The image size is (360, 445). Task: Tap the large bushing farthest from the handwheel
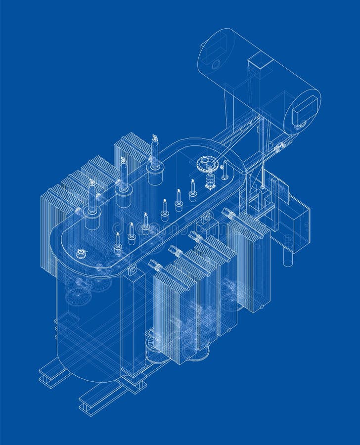pyautogui.click(x=92, y=203)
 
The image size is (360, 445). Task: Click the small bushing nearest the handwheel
pyautogui.click(x=192, y=191)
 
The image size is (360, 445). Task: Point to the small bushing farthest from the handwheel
pyautogui.click(x=118, y=245)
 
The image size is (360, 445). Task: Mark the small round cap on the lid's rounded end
pyautogui.click(x=81, y=254)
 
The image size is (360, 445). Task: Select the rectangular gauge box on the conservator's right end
pyautogui.click(x=304, y=112)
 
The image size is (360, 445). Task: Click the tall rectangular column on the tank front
pyautogui.click(x=133, y=321)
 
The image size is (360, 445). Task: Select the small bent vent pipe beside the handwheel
pyautogui.click(x=225, y=171)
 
